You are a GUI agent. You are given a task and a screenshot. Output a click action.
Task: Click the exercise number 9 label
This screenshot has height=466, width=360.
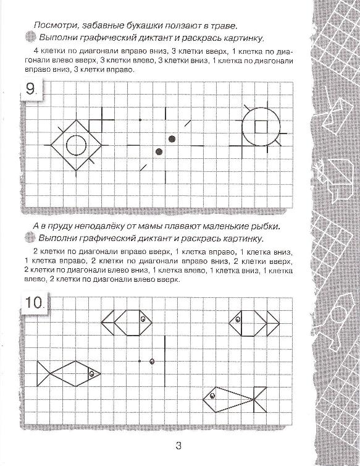31,89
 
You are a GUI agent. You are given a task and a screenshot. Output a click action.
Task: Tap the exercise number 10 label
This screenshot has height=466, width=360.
35,303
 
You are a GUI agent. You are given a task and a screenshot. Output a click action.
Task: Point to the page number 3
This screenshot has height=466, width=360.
178,446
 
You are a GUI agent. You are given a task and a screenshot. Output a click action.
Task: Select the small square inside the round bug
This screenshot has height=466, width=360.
261,127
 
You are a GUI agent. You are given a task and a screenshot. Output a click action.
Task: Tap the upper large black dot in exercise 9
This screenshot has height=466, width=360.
172,139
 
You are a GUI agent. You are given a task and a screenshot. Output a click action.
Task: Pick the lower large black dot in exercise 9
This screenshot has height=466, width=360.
159,152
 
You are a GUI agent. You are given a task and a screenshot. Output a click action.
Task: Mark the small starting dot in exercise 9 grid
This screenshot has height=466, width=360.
140,120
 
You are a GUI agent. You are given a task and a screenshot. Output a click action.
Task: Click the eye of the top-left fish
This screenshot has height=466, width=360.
143,319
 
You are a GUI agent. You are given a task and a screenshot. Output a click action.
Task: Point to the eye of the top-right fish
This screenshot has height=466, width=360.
238,320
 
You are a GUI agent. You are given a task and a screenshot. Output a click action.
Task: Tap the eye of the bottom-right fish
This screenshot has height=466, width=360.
212,396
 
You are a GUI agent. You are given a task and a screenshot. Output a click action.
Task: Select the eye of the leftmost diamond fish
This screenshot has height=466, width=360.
92,373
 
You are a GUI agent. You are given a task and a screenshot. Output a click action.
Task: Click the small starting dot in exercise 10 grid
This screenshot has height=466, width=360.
140,361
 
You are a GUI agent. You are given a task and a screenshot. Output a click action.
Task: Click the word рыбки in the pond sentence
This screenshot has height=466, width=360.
266,226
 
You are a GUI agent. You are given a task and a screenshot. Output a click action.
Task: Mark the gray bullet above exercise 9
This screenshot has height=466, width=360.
30,37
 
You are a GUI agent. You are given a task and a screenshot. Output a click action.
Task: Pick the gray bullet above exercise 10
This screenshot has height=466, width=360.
30,237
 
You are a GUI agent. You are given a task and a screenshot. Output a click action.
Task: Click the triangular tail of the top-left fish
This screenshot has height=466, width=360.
108,323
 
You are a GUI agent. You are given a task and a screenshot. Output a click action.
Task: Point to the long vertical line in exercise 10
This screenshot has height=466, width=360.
165,361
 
